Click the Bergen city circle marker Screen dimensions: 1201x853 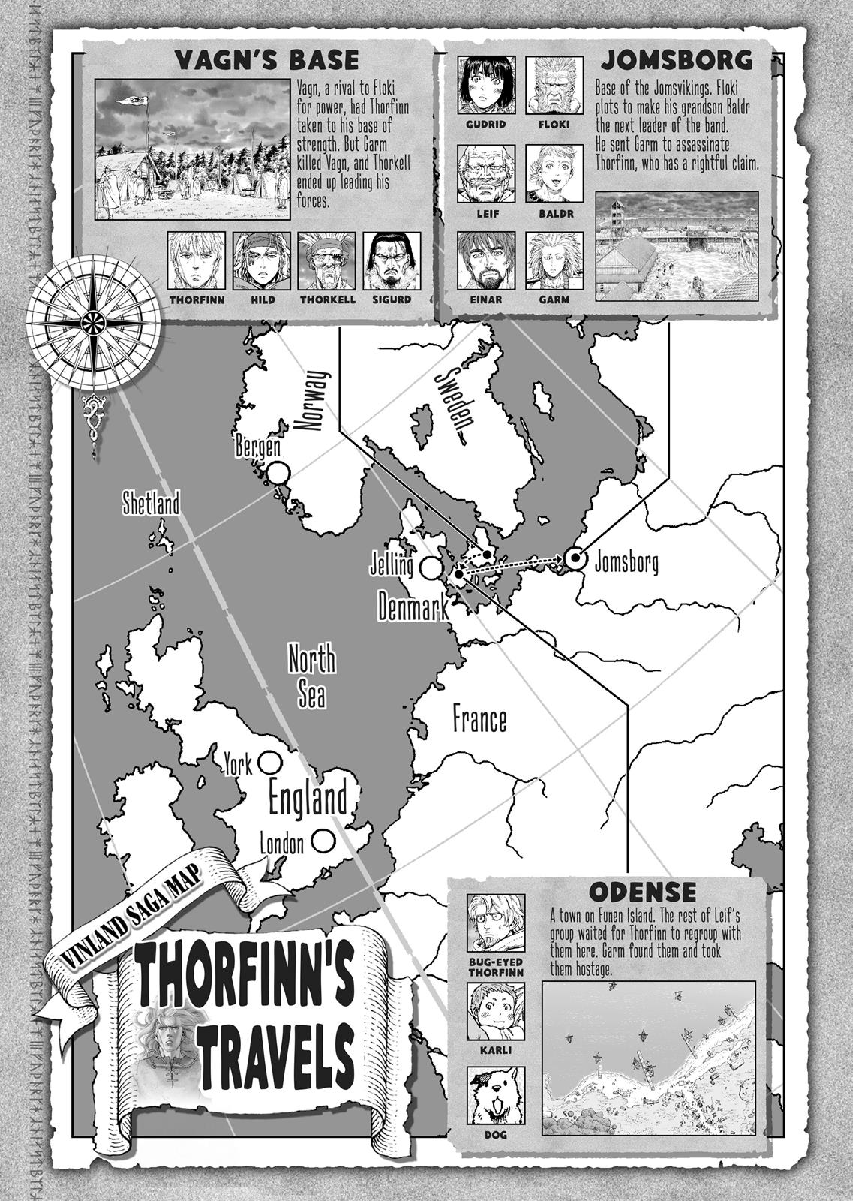pos(278,473)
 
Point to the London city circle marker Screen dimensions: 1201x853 pos(323,841)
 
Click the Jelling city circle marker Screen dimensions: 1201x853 pos(431,568)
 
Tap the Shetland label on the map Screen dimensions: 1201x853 pos(152,504)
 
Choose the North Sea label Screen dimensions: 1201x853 pos(312,678)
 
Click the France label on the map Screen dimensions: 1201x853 pos(479,719)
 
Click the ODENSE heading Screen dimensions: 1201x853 pos(643,892)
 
